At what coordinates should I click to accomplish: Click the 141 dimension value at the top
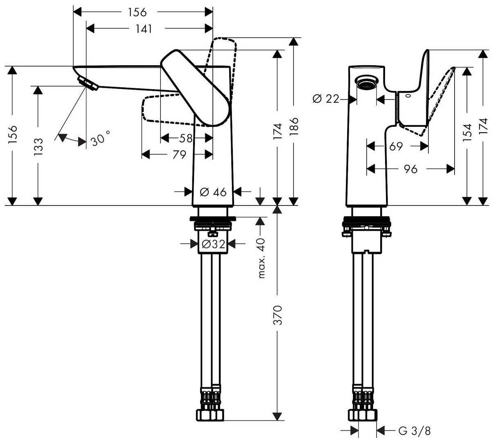tap(144, 29)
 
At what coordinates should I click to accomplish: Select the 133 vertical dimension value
tap(38, 147)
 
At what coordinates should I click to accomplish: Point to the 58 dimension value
tap(186, 138)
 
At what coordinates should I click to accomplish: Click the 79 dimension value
tap(179, 155)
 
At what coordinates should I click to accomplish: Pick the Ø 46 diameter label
tap(213, 192)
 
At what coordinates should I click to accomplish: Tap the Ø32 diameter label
tap(214, 244)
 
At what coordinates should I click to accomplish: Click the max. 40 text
tap(261, 258)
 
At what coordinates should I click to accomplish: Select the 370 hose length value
tap(278, 315)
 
